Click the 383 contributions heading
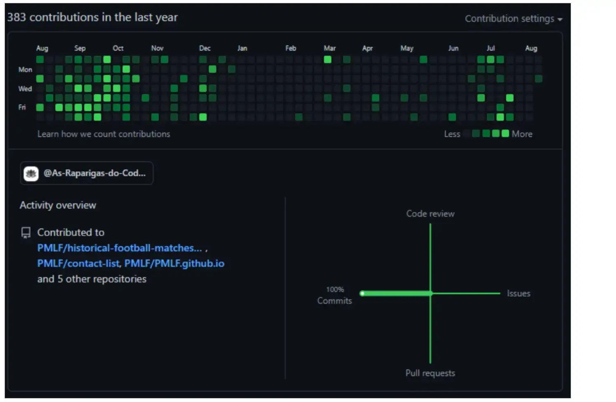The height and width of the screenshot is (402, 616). click(92, 17)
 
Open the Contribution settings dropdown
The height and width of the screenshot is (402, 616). click(513, 19)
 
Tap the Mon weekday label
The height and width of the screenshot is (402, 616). click(25, 70)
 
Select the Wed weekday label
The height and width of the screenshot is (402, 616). click(25, 89)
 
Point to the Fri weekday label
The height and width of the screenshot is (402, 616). click(22, 108)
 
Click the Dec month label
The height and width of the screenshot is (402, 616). click(205, 48)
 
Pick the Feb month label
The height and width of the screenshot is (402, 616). click(291, 48)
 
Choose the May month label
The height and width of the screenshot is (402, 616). click(407, 48)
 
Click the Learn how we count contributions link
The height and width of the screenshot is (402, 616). click(103, 134)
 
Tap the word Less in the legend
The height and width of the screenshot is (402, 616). click(452, 134)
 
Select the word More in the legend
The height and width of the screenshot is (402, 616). click(522, 134)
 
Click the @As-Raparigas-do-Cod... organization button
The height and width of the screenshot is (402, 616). click(87, 173)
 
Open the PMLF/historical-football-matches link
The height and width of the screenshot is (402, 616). click(120, 248)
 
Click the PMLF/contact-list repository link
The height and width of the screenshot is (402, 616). click(79, 264)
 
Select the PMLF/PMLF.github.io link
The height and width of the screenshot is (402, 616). click(174, 264)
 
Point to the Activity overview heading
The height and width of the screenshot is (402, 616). click(58, 205)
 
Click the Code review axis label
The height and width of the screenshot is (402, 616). click(430, 214)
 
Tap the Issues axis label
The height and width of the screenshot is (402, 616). click(518, 294)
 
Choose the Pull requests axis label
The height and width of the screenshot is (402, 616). click(430, 373)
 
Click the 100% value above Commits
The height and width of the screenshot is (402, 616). click(335, 290)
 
